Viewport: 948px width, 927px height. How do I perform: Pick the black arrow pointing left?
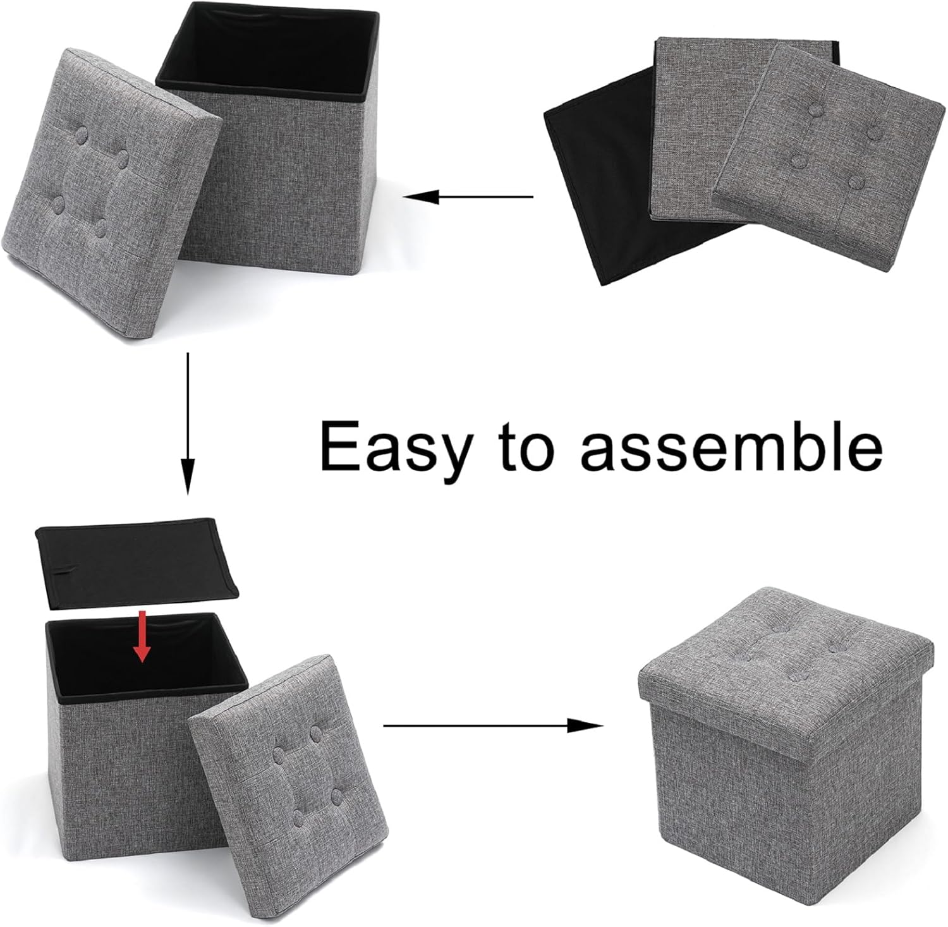(x=468, y=197)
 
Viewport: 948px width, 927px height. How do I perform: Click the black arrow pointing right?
(x=493, y=726)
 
